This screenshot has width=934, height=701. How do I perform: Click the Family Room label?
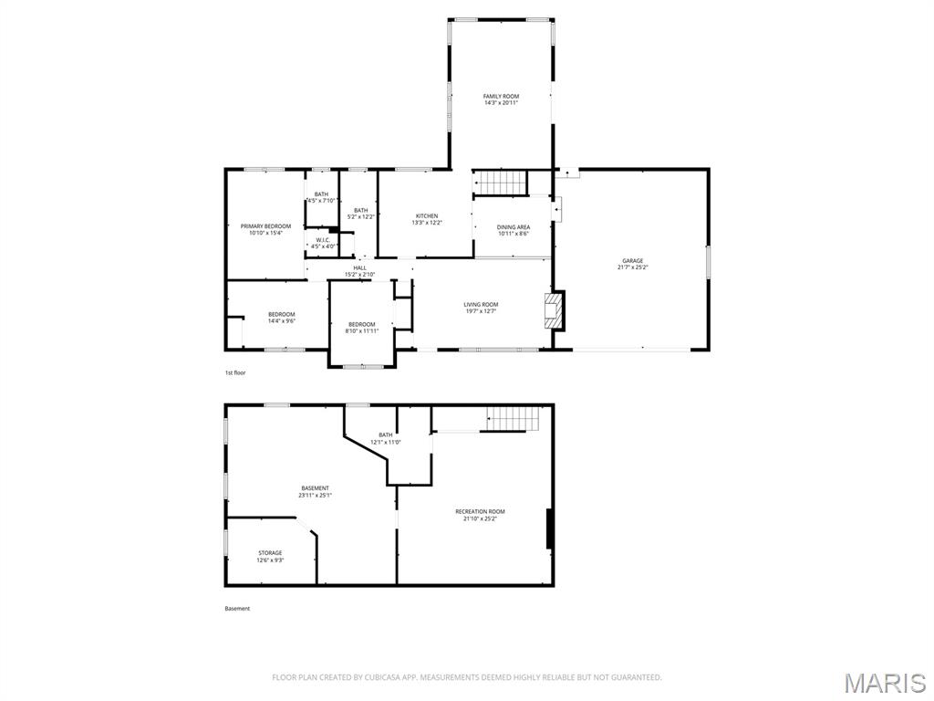[501, 96]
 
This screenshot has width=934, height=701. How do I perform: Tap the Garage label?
[632, 260]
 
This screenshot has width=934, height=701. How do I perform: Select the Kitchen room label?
[427, 216]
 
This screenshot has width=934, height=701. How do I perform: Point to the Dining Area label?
[514, 227]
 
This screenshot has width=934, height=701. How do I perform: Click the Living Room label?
[481, 305]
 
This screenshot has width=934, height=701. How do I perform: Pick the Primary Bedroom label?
[265, 226]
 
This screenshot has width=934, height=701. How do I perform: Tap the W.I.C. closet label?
[322, 240]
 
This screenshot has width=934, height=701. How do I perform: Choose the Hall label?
[360, 267]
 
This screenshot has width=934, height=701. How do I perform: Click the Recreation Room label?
[480, 512]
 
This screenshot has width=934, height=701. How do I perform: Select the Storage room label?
[270, 553]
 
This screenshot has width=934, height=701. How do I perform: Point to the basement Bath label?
[386, 434]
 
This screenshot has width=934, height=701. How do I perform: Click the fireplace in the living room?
[551, 310]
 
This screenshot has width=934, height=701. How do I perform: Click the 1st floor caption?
[235, 372]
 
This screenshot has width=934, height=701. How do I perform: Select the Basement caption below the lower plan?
[237, 609]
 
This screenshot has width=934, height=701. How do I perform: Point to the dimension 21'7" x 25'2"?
[632, 267]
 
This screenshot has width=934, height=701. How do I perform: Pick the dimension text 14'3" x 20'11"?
[501, 103]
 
